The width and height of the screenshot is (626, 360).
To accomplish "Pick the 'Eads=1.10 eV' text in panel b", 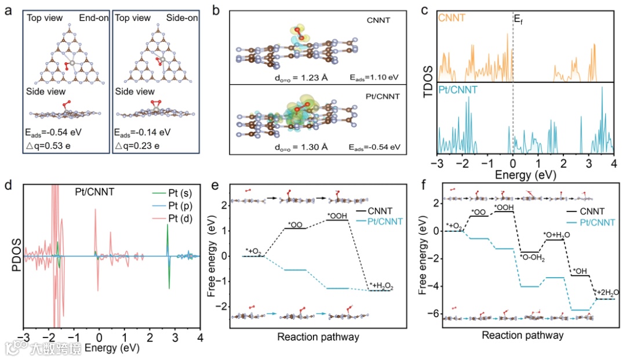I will pos(375,77).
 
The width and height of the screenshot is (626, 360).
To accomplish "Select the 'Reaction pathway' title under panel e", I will pos(318,337).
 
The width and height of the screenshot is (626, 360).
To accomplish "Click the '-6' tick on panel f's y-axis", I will pos(434,314).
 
